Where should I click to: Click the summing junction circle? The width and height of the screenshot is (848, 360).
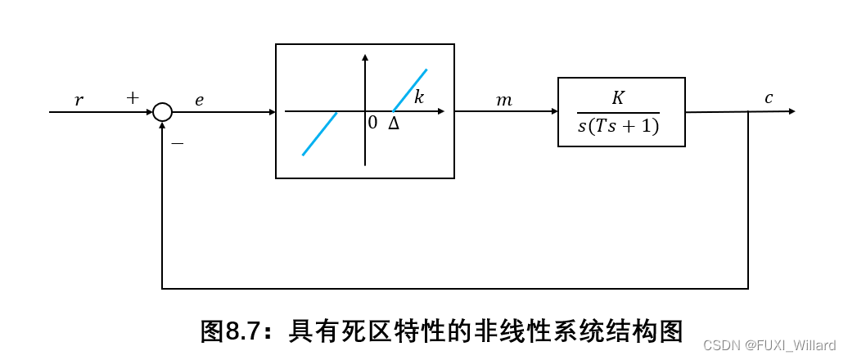[163, 112]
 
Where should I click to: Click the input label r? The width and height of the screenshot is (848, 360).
[79, 100]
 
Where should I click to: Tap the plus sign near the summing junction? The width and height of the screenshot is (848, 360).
[133, 98]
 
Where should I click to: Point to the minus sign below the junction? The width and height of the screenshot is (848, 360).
[177, 143]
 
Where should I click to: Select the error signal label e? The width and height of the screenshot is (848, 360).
[199, 100]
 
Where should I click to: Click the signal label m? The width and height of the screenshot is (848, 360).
[504, 100]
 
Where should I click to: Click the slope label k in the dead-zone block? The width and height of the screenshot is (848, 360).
[419, 97]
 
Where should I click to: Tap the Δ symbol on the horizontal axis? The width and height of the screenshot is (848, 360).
[394, 124]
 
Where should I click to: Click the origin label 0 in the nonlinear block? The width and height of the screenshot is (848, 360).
[372, 124]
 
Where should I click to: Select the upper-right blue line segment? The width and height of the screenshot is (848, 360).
[410, 90]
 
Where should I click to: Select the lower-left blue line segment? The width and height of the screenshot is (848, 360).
[320, 134]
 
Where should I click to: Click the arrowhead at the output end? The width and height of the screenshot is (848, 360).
[791, 111]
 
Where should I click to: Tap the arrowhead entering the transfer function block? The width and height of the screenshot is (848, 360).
[553, 112]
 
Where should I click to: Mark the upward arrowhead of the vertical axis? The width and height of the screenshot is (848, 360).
[365, 58]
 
